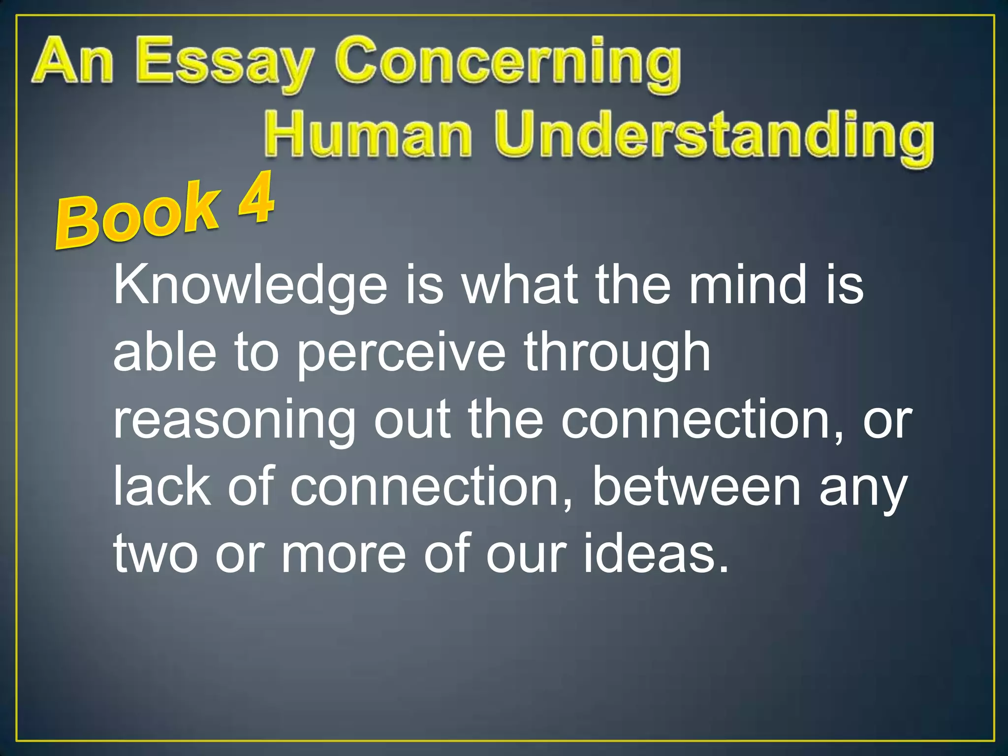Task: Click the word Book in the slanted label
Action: point(138,217)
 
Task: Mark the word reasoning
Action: point(234,421)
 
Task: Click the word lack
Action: point(162,487)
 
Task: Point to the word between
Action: point(696,487)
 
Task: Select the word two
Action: point(156,554)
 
